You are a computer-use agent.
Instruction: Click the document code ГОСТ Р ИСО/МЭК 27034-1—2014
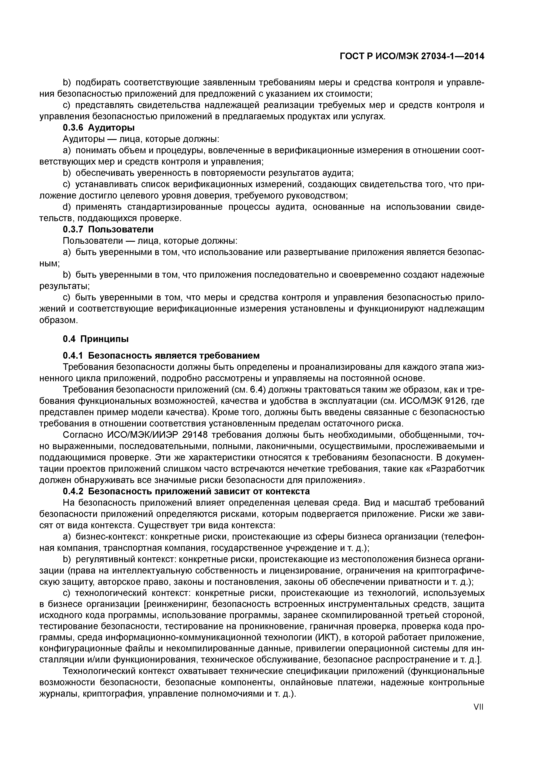point(412,57)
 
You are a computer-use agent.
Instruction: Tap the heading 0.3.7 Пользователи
point(108,229)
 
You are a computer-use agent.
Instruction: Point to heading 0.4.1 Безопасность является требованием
point(161,356)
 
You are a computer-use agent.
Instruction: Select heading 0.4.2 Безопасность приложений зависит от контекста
point(186,491)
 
